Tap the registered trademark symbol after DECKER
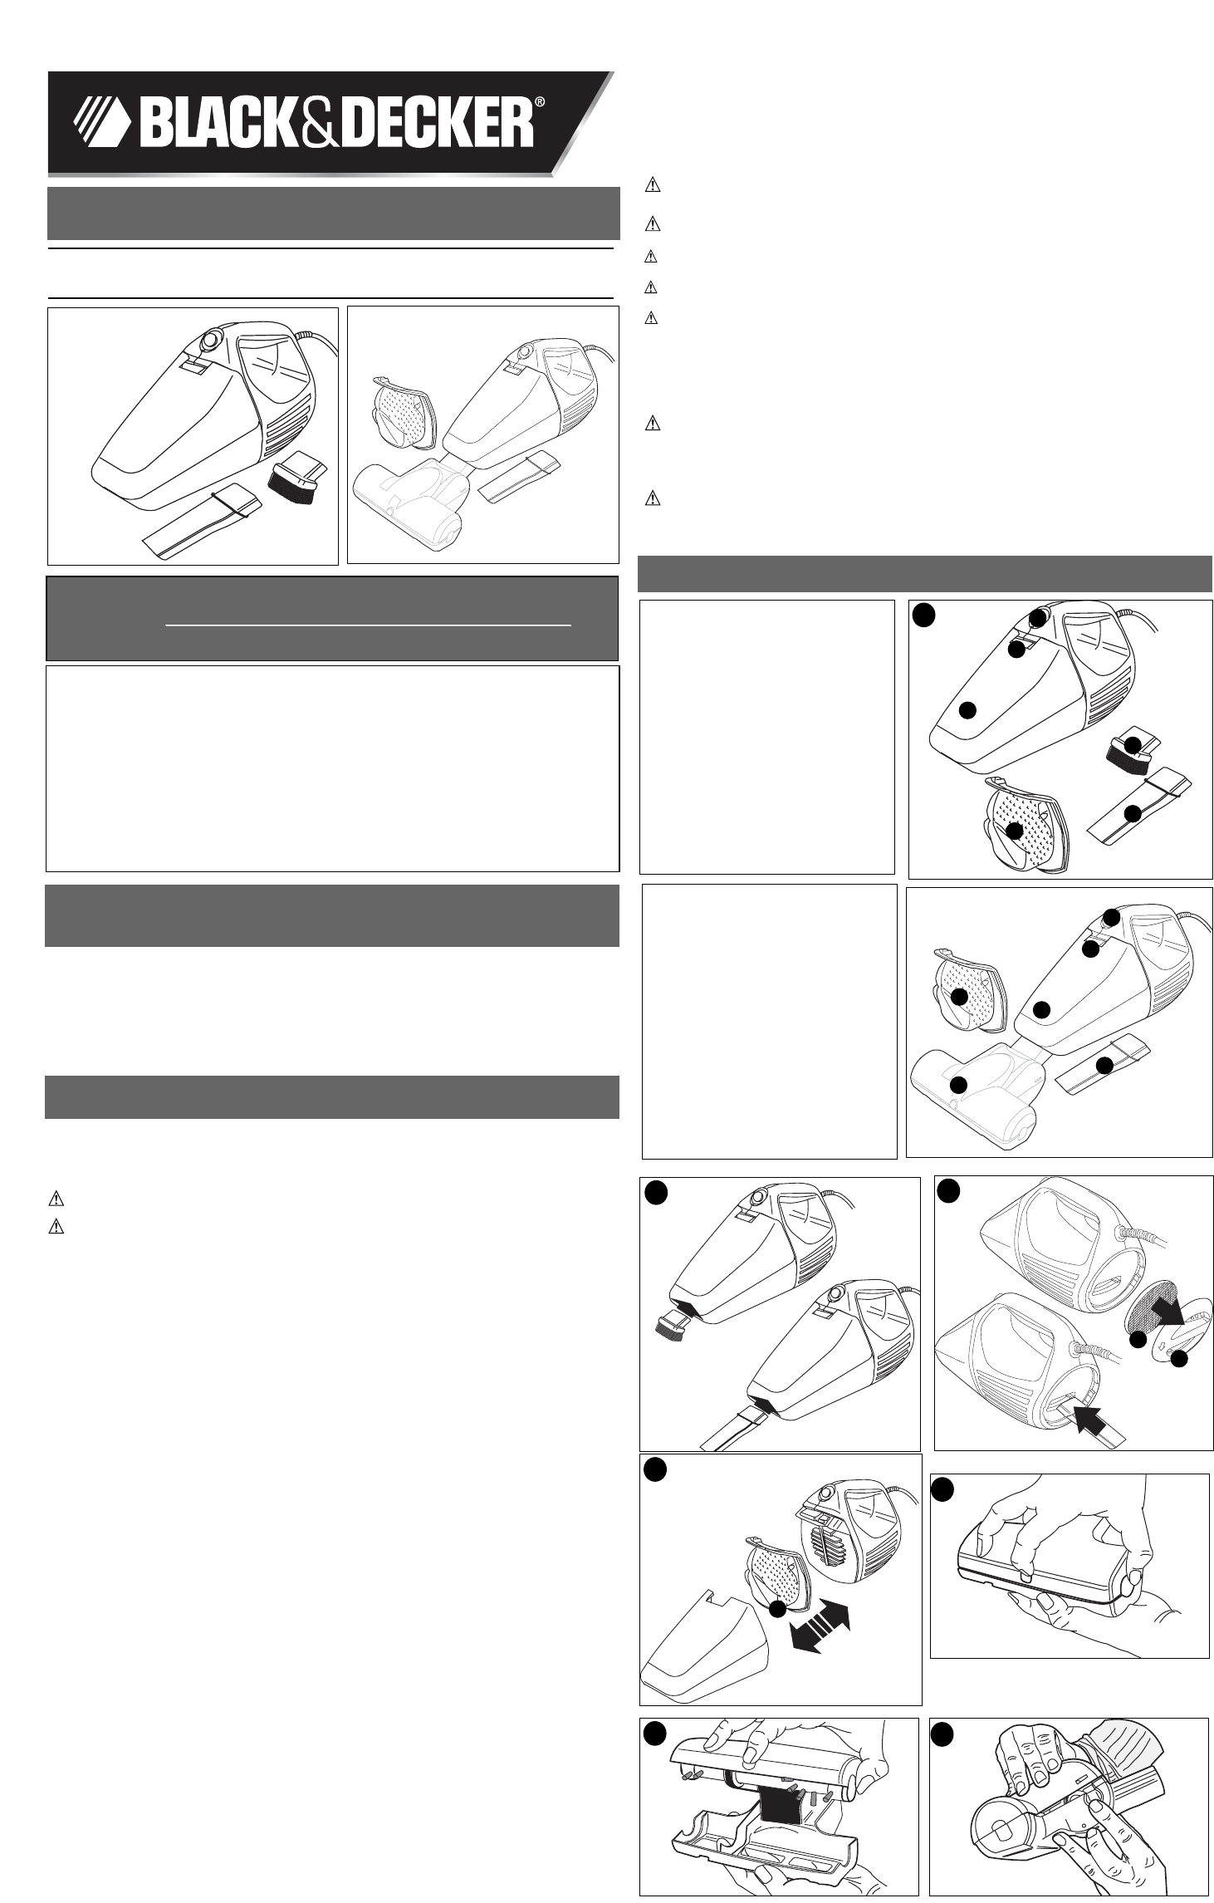539,103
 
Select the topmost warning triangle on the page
652,186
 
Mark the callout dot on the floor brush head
959,1083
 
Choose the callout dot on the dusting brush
1131,746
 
